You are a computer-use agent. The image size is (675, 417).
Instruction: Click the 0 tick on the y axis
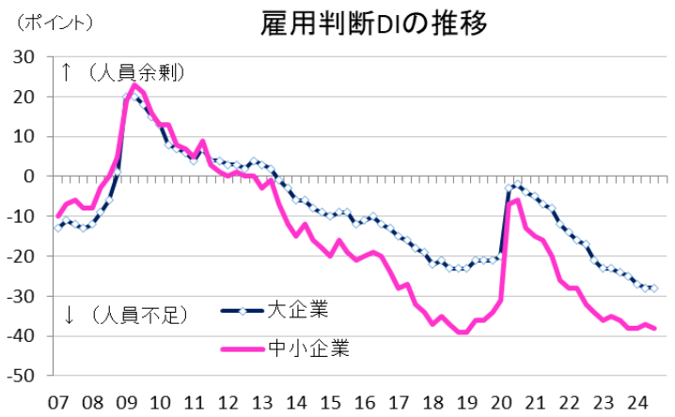[31, 177]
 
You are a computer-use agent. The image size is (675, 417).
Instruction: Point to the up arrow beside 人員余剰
[67, 72]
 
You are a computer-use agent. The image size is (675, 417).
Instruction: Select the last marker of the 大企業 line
[654, 288]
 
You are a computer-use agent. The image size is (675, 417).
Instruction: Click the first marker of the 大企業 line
[57, 227]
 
